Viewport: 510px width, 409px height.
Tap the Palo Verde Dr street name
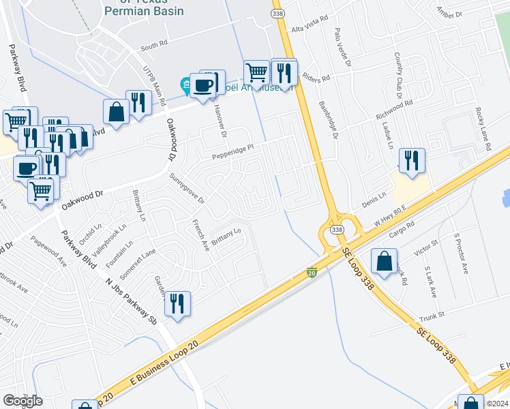[342, 46]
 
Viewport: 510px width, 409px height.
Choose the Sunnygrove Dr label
[187, 189]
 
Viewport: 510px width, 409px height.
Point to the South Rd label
[153, 46]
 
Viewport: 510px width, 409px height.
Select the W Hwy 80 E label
[389, 218]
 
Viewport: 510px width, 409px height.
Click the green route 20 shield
[312, 272]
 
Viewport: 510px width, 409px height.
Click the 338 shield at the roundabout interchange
[337, 230]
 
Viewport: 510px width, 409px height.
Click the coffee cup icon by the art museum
[203, 85]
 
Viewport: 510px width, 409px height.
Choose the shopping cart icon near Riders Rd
[256, 71]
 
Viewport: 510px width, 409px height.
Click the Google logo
[22, 401]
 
